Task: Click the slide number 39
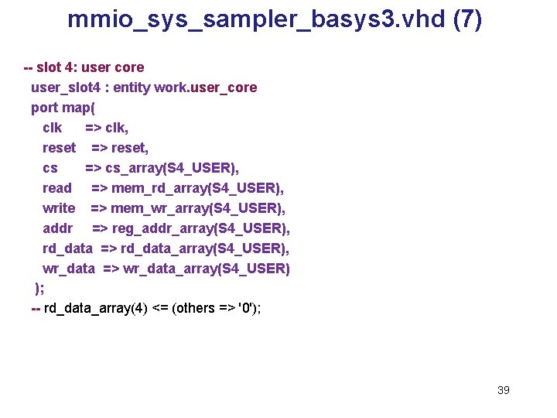503,390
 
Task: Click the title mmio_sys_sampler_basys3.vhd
255,19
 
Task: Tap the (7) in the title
466,19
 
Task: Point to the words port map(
63,108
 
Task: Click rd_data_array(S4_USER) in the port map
207,248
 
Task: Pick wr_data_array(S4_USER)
207,269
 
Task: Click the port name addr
57,228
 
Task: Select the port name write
59,208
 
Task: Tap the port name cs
50,168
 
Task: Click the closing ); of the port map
39,289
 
